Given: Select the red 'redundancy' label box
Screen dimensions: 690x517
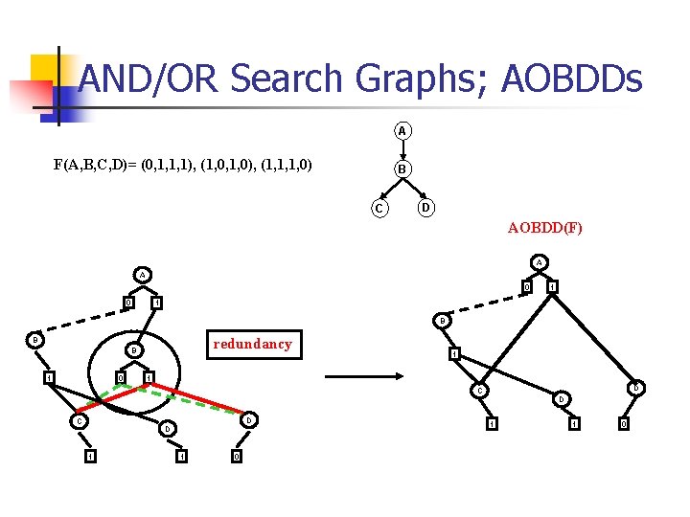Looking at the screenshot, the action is (x=253, y=344).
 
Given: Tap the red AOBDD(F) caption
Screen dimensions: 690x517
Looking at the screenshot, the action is (x=544, y=229).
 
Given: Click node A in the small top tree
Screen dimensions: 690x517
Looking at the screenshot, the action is (x=403, y=130).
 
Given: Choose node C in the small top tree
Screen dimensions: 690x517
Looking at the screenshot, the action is (x=380, y=208).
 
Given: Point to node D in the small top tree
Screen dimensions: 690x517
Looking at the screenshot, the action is (x=426, y=207).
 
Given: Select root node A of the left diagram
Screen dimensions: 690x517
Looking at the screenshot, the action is (x=143, y=275).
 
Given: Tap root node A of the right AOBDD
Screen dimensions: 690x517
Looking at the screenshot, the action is (x=540, y=262).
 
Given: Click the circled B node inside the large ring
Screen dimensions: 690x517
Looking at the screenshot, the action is (x=135, y=351).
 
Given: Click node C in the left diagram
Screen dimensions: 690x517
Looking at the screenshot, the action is (x=80, y=420).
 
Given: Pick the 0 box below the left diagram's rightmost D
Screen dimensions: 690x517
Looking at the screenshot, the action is (x=237, y=456).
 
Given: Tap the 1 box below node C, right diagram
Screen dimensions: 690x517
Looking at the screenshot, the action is (x=491, y=423).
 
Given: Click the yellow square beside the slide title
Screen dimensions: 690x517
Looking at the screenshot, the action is (x=47, y=70).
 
